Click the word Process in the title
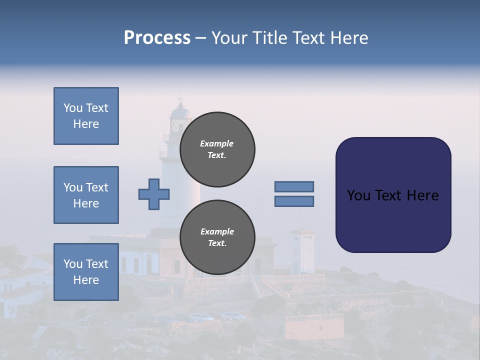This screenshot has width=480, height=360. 157,38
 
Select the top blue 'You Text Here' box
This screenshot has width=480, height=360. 86,116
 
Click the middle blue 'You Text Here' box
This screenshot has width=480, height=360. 86,195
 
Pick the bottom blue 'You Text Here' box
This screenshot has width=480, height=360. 86,271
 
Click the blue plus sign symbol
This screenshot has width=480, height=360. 154,194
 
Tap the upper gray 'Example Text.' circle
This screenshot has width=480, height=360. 217,149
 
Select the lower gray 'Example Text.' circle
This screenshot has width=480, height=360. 217,237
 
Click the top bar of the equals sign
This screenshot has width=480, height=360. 294,186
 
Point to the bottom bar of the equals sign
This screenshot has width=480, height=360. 294,201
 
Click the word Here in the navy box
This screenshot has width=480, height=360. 422,195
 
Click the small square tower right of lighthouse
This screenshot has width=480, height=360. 302,250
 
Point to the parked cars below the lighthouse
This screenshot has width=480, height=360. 215,316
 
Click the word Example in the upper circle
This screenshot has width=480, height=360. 217,143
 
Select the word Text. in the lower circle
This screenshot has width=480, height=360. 217,243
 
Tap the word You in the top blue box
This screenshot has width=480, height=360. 72,108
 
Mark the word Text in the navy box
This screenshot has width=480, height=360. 391,195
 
